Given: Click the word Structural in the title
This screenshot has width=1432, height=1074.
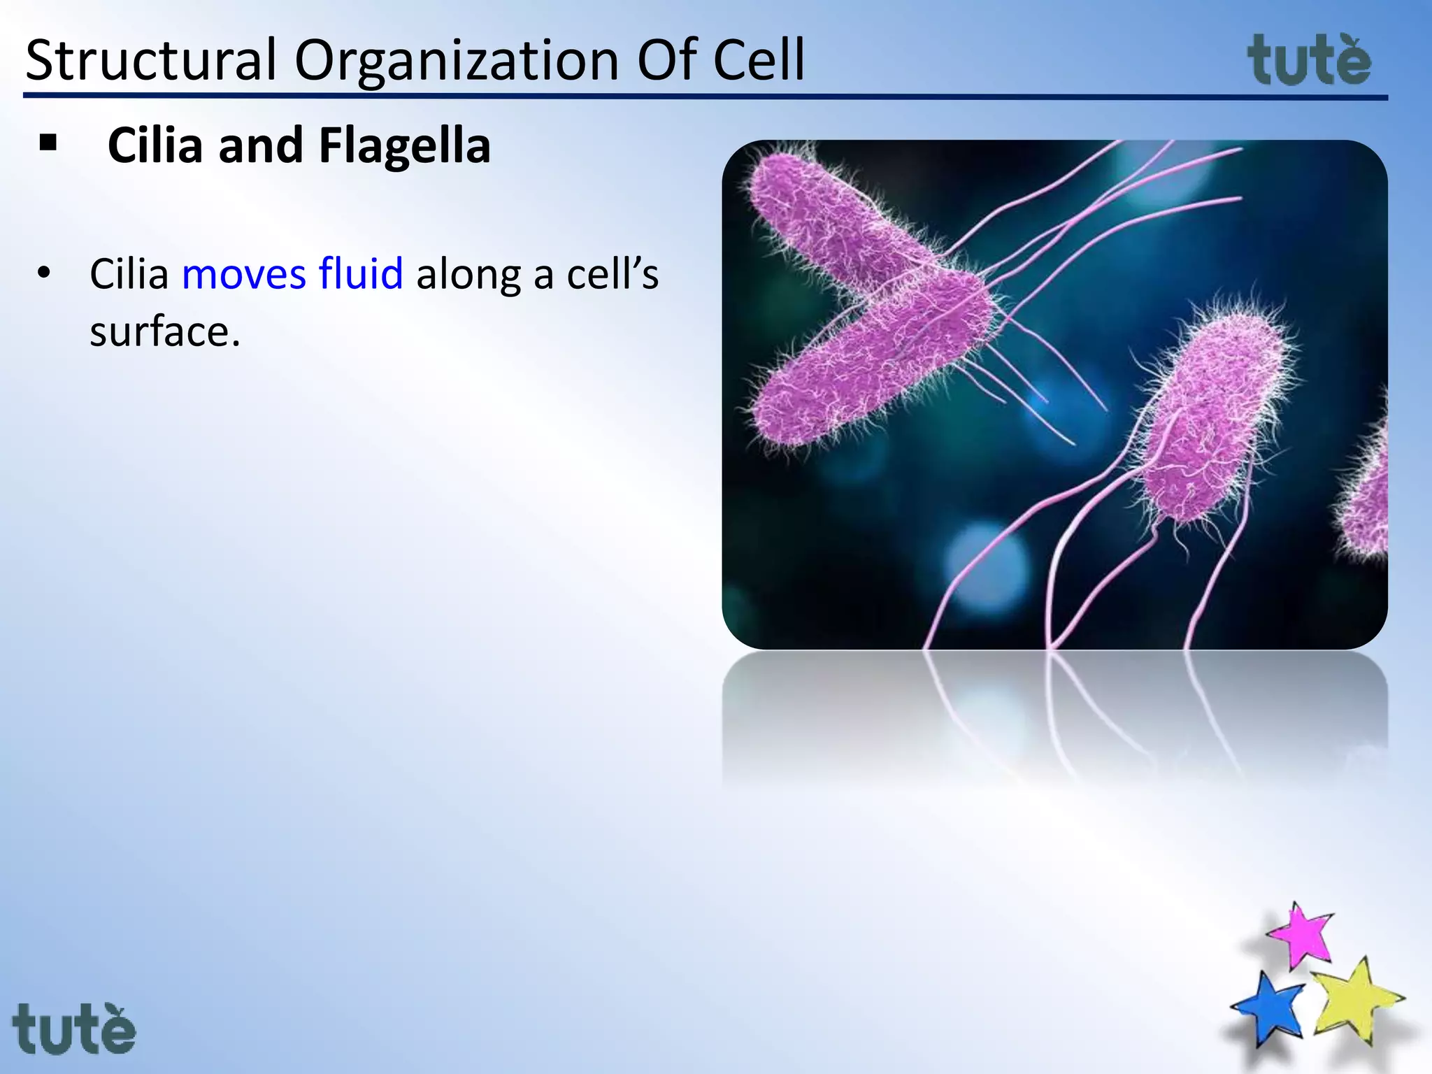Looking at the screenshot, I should pyautogui.click(x=151, y=60).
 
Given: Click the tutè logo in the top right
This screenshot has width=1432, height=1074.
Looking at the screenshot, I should pyautogui.click(x=1309, y=60).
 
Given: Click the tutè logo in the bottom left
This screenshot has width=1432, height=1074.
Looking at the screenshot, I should pyautogui.click(x=74, y=1028).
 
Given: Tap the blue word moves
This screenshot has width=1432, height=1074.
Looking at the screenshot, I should pyautogui.click(x=243, y=273).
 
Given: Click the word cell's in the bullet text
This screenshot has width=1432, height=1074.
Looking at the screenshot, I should pyautogui.click(x=613, y=273).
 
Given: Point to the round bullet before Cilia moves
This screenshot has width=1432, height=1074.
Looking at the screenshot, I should pyautogui.click(x=44, y=273).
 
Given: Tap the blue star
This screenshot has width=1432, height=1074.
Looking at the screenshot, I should pyautogui.click(x=1268, y=1007).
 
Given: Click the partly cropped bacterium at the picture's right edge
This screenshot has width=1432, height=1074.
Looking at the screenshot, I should pyautogui.click(x=1367, y=496).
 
